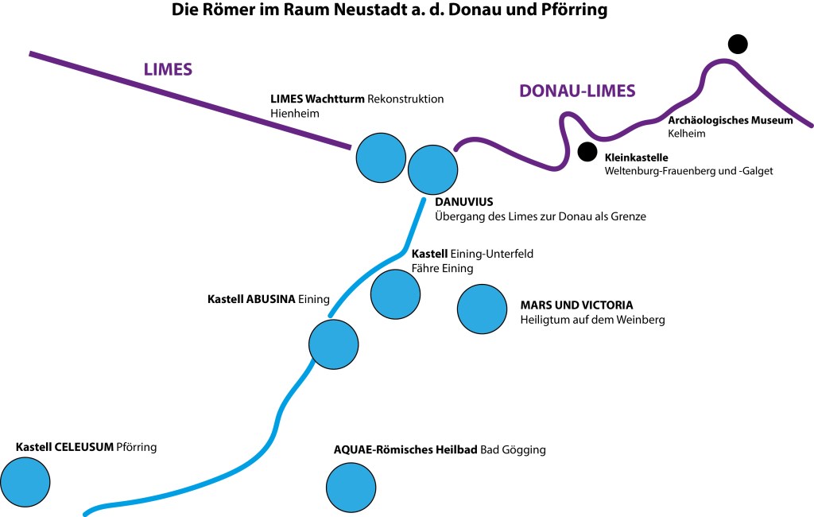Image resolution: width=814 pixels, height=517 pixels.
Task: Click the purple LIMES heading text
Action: [168, 69]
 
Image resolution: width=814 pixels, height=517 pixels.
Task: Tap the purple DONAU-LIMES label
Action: [577, 91]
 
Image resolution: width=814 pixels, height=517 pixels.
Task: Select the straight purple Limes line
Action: [191, 100]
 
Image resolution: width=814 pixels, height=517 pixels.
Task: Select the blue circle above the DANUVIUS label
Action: [432, 169]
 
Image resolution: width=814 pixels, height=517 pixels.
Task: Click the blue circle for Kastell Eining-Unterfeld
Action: [395, 293]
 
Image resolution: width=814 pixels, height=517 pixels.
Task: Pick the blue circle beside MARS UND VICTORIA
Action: [482, 309]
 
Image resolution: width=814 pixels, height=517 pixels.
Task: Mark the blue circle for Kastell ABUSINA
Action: [334, 343]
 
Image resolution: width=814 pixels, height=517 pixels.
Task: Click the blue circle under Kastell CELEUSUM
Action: [25, 481]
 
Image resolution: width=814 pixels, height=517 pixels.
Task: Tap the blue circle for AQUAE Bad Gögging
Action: [351, 487]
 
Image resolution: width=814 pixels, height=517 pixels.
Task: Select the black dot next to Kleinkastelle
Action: [587, 150]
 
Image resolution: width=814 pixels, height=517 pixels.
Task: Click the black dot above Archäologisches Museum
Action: [738, 45]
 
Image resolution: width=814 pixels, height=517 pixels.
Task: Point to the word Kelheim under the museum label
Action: [687, 134]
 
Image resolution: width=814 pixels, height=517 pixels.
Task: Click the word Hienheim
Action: [294, 114]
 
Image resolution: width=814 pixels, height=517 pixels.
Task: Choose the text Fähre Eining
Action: [442, 268]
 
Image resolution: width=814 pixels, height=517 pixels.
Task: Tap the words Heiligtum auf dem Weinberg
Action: [592, 320]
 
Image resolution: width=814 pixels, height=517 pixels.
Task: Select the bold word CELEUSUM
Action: [83, 447]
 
